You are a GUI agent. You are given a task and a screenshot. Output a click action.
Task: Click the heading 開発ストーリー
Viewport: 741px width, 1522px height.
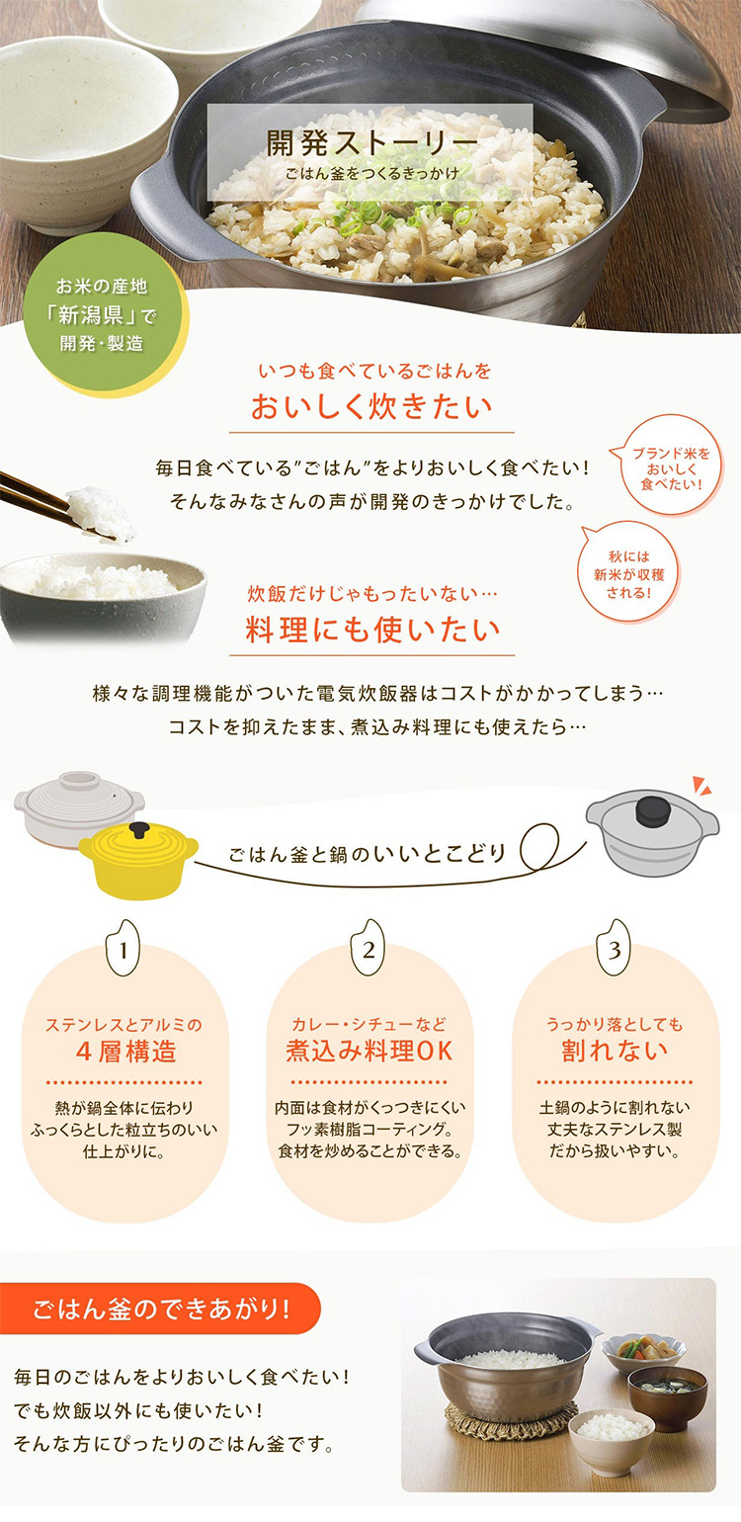tap(371, 142)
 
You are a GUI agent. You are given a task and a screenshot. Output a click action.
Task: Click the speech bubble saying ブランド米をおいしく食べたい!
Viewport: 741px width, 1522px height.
tap(669, 467)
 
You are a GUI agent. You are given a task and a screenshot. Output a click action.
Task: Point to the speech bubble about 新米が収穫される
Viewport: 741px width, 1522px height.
tap(628, 574)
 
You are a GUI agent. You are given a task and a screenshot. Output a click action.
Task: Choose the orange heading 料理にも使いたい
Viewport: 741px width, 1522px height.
tap(372, 630)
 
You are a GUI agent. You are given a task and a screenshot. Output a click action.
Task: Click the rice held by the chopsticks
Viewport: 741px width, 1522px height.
tap(101, 512)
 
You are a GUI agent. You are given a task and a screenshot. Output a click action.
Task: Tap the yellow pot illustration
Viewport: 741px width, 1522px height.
tap(138, 860)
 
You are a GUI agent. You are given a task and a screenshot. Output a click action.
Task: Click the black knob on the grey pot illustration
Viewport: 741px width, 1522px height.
tap(652, 811)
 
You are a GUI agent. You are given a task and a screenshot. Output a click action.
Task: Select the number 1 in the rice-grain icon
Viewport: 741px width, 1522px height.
tap(123, 951)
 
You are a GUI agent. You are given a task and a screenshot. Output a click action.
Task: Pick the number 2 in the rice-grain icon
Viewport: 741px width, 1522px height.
tap(369, 951)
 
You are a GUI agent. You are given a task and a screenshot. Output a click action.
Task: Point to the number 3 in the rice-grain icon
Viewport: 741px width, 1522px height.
tap(614, 951)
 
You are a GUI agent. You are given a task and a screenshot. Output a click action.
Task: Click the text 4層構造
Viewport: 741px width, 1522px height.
tap(125, 1052)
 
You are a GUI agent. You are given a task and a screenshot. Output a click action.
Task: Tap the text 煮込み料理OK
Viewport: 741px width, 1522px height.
tap(369, 1052)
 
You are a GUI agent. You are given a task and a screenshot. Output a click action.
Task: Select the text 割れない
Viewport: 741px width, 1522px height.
tap(615, 1052)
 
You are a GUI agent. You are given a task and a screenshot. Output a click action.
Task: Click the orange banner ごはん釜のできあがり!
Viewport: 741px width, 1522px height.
tap(160, 1309)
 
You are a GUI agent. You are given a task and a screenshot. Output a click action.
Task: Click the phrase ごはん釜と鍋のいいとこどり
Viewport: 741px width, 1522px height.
tap(367, 854)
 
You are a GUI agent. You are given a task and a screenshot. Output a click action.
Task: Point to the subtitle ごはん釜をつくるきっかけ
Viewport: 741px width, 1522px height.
tap(371, 173)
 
